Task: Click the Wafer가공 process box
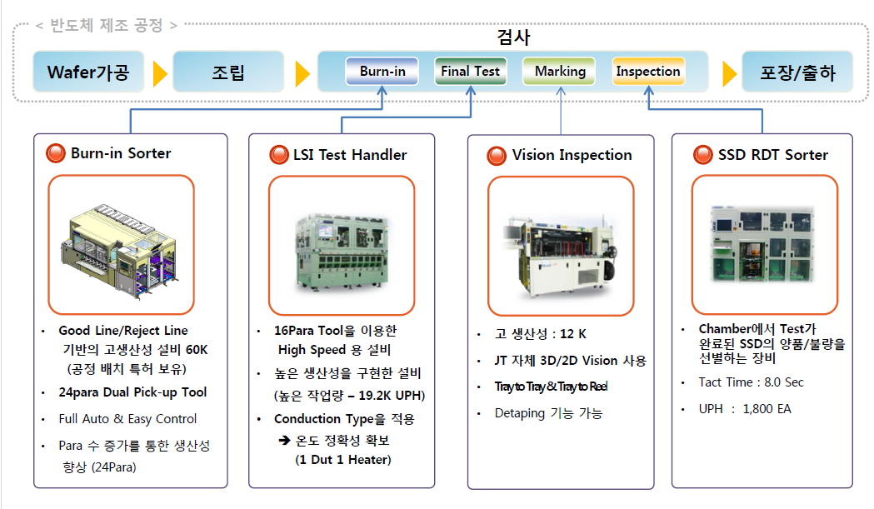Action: (x=88, y=72)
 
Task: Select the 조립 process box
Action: (x=227, y=72)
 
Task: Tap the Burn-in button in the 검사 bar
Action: (x=382, y=72)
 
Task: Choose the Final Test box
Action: (x=471, y=72)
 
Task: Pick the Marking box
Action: (x=560, y=72)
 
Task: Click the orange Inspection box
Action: (x=648, y=72)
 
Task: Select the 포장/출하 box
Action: (x=797, y=72)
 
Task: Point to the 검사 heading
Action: (x=513, y=37)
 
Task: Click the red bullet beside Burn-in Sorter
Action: (x=56, y=154)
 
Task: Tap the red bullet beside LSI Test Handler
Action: (x=278, y=155)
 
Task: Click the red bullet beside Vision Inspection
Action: (x=497, y=156)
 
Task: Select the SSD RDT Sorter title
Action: (x=772, y=155)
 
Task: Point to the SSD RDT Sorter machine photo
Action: (x=763, y=243)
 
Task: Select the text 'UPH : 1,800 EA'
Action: (x=745, y=409)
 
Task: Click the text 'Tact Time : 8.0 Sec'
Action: (x=751, y=382)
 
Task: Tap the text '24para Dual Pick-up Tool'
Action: (x=132, y=392)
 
